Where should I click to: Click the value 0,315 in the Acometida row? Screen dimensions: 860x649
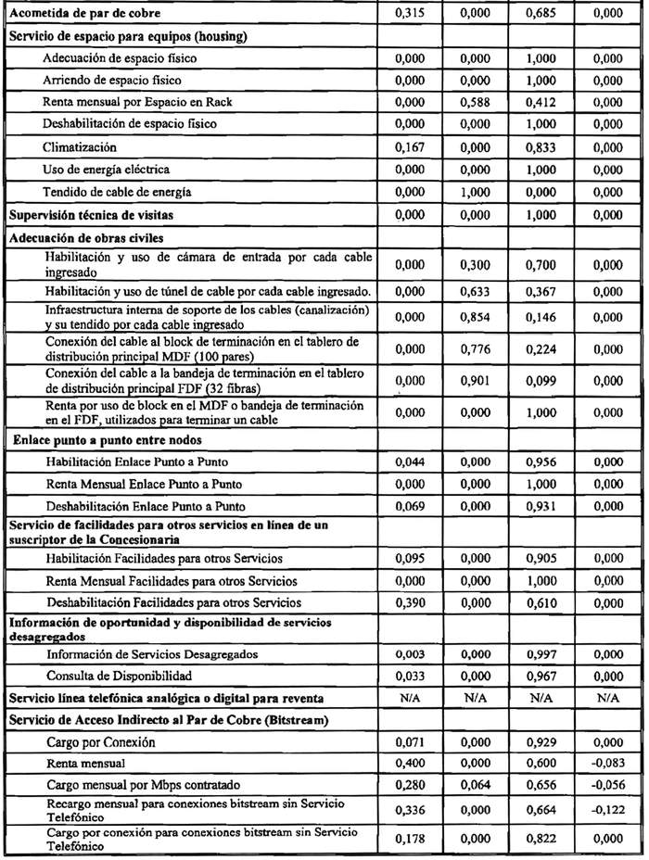click(408, 14)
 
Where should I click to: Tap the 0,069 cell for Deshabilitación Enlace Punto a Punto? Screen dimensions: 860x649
click(408, 506)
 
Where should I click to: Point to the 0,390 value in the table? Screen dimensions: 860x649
click(408, 603)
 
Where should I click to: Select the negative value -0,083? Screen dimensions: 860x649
click(607, 765)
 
